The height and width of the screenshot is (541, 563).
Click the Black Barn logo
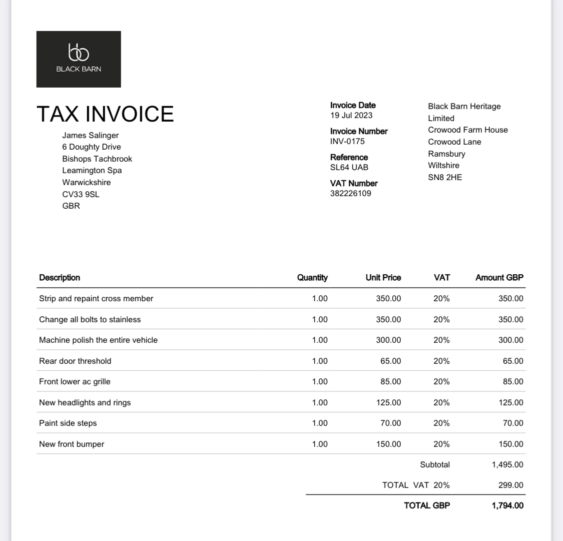point(79,59)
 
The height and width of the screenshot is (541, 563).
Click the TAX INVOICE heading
point(105,114)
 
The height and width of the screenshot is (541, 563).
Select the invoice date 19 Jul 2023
point(351,115)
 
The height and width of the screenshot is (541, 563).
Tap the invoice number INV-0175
point(347,141)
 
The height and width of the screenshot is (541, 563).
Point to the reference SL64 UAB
point(349,167)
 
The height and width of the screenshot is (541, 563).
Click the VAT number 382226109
point(350,193)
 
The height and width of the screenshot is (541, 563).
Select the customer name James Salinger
point(91,135)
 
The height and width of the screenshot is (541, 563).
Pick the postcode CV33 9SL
point(81,194)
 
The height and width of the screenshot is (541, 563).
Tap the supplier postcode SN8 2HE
point(445,177)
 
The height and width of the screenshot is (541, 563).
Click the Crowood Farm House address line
point(468,130)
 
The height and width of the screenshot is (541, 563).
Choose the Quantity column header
point(312,277)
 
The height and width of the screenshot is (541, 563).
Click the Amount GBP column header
point(499,277)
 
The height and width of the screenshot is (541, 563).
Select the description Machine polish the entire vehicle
point(98,340)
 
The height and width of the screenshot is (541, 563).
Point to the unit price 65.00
point(390,361)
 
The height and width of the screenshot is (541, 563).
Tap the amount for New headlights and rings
point(511,402)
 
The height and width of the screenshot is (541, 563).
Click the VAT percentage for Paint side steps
point(441,423)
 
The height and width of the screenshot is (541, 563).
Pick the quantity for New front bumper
point(319,444)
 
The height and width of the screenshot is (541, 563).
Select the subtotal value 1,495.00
point(507,464)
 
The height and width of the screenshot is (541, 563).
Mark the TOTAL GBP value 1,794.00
point(507,505)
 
